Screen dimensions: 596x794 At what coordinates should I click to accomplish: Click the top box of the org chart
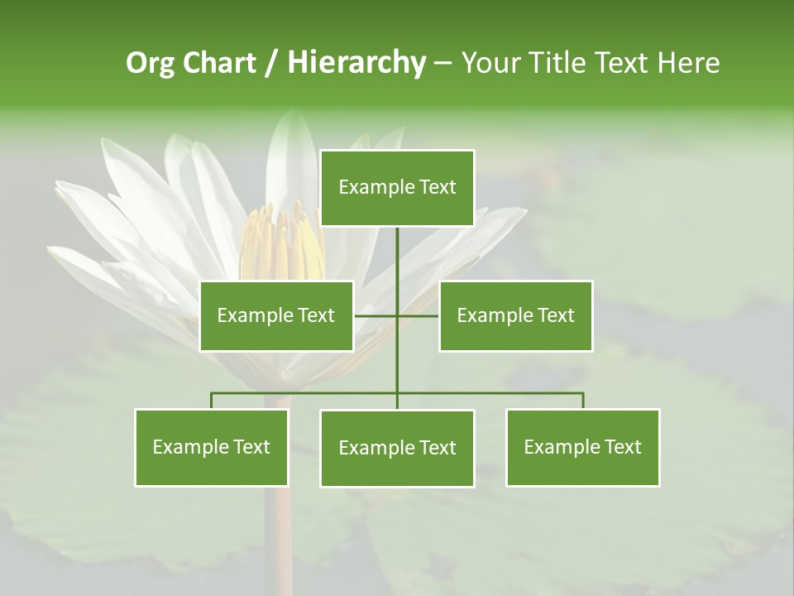coord(397,187)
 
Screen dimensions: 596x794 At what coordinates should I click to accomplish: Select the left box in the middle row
coord(276,315)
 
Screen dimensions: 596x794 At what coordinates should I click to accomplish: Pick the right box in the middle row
coord(515,315)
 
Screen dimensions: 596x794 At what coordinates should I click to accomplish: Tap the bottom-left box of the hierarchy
coord(211,447)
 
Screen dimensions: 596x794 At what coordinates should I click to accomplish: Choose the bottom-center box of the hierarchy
coord(397,448)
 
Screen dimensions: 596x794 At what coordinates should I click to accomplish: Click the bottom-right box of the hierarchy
coord(582,447)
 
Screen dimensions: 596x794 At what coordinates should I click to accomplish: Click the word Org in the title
coord(151,63)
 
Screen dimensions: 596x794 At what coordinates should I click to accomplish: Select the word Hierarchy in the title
coord(356,63)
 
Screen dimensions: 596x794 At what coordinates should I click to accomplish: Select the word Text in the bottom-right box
coord(623,447)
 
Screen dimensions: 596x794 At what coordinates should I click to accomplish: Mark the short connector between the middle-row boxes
coord(397,315)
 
